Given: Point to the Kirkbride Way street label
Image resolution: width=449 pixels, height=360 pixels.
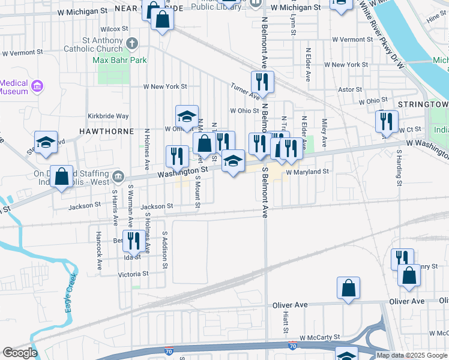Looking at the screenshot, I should coord(108,116).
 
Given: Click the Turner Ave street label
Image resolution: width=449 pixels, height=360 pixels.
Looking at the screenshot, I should coord(245,91).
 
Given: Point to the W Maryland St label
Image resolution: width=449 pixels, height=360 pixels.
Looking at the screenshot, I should coord(307,172).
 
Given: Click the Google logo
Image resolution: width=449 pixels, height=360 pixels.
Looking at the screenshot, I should coord(20,353).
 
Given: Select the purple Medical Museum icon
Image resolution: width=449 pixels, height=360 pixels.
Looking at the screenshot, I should coord(37,86).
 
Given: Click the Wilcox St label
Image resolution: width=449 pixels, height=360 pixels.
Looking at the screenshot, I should coord(115,28).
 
